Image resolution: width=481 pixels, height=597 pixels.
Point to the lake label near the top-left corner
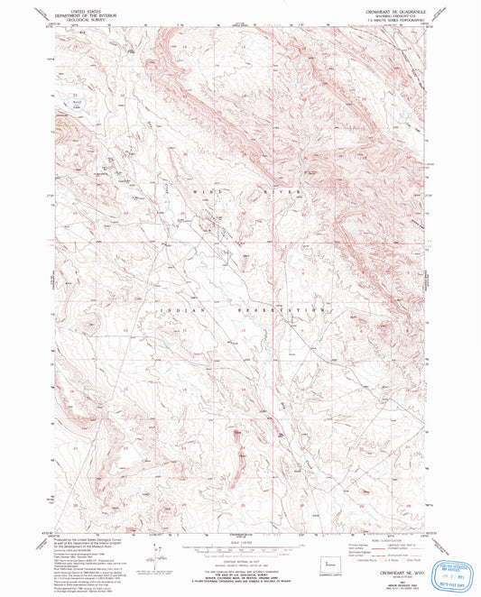63,106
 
